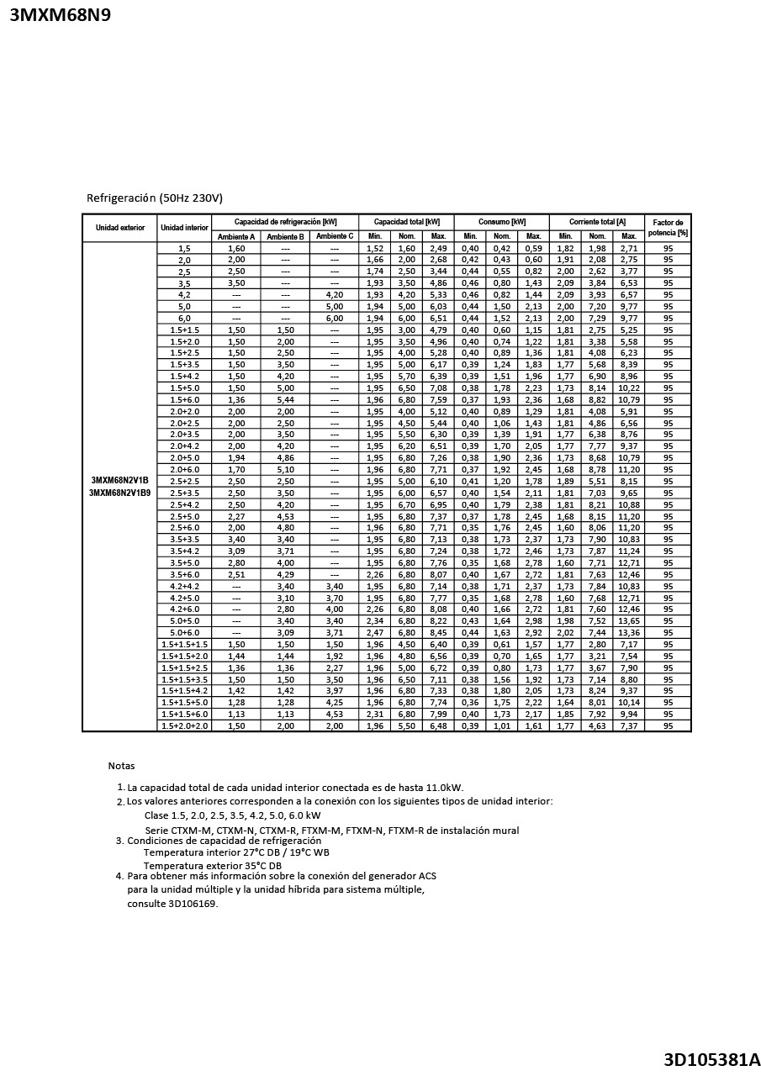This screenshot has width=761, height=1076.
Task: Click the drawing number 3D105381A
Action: click(x=711, y=1059)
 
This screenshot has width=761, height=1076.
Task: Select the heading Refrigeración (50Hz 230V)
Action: click(x=155, y=198)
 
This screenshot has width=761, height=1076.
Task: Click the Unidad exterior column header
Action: click(x=119, y=228)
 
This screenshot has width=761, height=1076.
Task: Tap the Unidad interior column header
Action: click(x=184, y=228)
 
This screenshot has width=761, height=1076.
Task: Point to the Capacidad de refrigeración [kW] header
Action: click(x=285, y=222)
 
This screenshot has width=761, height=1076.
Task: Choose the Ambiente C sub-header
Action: click(x=335, y=236)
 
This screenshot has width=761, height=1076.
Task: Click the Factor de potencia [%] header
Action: click(x=668, y=228)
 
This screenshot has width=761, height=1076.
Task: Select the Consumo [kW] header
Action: click(x=501, y=222)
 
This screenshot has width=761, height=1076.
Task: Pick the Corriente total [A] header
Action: click(x=596, y=222)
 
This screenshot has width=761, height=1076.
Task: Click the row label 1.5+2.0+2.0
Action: click(x=184, y=725)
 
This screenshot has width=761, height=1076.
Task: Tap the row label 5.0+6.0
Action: click(x=184, y=632)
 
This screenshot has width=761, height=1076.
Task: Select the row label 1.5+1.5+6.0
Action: click(x=184, y=714)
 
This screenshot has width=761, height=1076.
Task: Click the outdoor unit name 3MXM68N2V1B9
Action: click(x=119, y=493)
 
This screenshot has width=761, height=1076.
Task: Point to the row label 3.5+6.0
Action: click(x=184, y=574)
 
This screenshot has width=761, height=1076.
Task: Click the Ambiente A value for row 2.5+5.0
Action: click(x=236, y=516)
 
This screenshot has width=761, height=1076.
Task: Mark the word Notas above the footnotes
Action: click(x=121, y=766)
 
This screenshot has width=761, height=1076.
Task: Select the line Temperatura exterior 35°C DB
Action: click(x=213, y=865)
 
